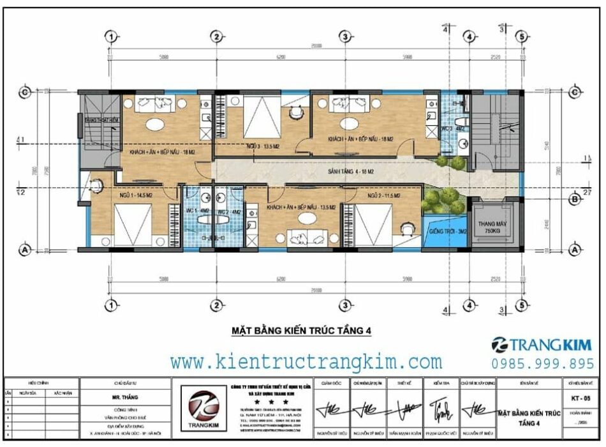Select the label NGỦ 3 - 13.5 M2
tap(265, 147)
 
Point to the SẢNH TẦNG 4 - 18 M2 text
tap(350, 172)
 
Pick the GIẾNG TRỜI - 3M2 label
tap(448, 231)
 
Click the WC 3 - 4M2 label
tap(455, 128)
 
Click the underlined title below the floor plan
tap(300, 331)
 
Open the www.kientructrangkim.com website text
tap(306, 362)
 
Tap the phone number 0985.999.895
tap(542, 363)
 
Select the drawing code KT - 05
tap(579, 398)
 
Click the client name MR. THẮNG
tap(125, 397)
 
